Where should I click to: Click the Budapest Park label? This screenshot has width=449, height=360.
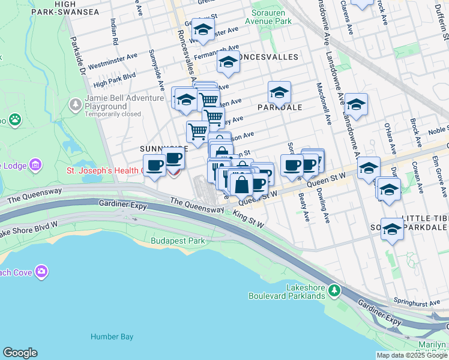178,241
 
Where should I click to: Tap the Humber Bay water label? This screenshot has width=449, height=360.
112,337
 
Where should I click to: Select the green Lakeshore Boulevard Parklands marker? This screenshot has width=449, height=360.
334,292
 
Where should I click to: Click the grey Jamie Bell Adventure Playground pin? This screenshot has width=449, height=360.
76,105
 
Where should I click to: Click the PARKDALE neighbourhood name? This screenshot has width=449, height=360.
279,107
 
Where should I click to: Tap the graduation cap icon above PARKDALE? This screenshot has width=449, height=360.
279,92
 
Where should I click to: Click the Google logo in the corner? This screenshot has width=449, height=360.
20,353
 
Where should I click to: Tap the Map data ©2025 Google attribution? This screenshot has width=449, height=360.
411,355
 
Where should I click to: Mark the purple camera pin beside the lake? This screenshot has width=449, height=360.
41,271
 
